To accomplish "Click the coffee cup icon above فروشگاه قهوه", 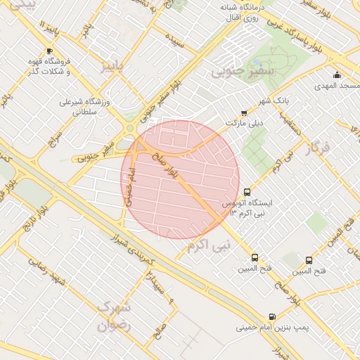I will tap(49, 51).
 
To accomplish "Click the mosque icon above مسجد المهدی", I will tap(337, 75).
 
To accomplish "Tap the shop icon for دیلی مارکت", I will tap(244, 112).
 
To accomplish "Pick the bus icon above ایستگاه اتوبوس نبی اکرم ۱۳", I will tap(247, 192).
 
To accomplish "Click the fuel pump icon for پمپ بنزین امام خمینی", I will tap(272, 316).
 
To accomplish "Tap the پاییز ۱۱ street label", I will tap(46, 32).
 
